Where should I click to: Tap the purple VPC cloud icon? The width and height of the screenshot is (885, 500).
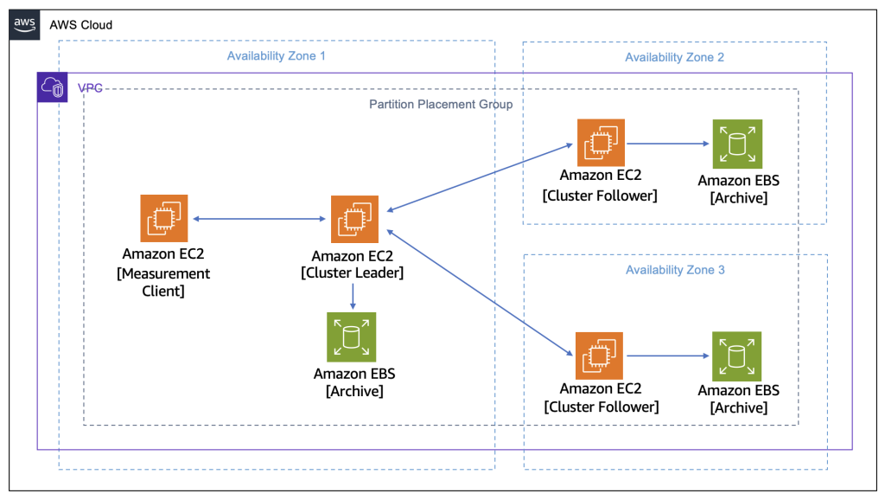pos(53,88)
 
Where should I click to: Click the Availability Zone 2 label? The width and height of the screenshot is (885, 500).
pos(674,57)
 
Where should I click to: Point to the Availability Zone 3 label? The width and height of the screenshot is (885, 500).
pos(675,270)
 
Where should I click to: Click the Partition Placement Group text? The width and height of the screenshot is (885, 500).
pos(441,105)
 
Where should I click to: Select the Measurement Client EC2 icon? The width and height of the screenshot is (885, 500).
pos(164,219)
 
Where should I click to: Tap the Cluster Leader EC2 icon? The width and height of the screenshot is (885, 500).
pos(354,219)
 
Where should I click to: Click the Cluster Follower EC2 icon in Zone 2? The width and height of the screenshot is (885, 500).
pos(601,143)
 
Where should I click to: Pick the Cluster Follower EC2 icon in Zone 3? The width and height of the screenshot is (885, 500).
pos(601,356)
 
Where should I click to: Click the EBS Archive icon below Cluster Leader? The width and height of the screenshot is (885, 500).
pos(352,337)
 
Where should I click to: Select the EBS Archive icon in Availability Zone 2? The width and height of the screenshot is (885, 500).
pos(737,144)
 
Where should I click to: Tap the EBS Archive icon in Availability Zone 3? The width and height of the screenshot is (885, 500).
pos(737,356)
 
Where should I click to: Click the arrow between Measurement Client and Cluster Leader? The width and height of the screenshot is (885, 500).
pos(259,219)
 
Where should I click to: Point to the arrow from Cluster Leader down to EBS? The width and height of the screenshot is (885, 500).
pos(353,296)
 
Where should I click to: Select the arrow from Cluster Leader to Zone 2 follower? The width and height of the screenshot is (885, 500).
pos(480,178)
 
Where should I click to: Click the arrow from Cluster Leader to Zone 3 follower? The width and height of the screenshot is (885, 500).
pos(480,292)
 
